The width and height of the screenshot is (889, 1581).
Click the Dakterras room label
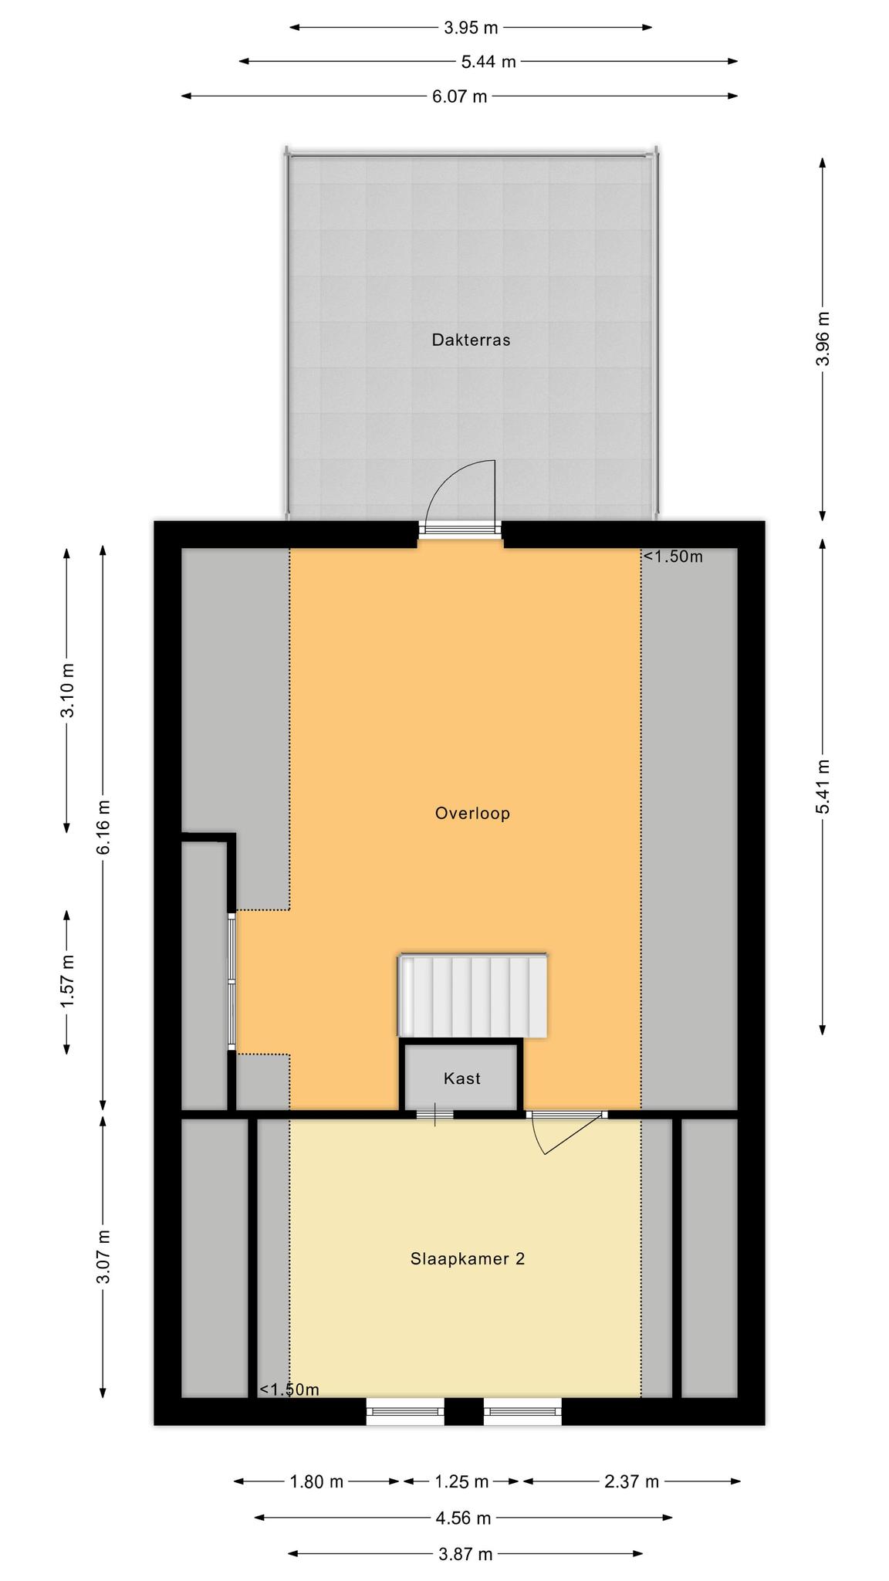coord(471,340)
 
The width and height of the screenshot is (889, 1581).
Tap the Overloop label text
coord(472,813)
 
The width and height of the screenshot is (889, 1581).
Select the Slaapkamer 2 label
coord(468,1259)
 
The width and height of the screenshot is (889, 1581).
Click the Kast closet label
coord(461,1078)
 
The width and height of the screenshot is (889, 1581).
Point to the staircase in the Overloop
coord(472,996)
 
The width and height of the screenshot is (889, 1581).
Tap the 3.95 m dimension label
coord(471,28)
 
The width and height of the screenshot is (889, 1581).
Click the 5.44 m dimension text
coord(488,62)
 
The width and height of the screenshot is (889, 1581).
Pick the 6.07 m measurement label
coord(459,96)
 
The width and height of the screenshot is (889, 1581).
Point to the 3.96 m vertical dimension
coord(823,340)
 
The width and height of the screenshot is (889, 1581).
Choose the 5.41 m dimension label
coord(823,786)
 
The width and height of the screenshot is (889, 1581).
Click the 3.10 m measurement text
coord(67,690)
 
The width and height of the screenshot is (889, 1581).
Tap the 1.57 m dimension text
coord(67,981)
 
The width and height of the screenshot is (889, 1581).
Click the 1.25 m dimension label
coord(461,1481)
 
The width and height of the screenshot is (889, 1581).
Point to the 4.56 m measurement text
coord(463,1518)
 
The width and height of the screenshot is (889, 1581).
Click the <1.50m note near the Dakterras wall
coord(673,557)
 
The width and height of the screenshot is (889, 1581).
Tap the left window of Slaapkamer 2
coord(405,1411)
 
